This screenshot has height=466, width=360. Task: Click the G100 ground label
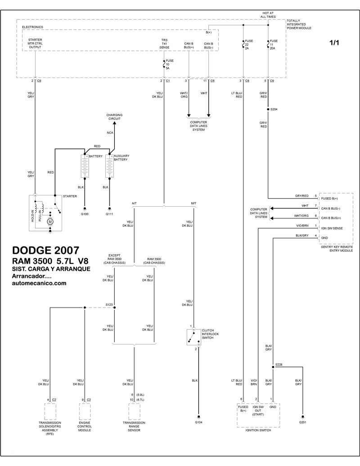coord(85,214)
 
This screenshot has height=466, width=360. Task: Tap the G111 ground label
coord(109,214)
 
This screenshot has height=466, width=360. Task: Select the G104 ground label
coord(198,422)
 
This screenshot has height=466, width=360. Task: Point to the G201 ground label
coord(303,422)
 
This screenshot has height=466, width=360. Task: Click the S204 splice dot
coord(268,109)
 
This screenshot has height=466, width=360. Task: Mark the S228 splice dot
coord(273,367)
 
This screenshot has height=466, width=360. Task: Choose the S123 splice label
coord(109,305)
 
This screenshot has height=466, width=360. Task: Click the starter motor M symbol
coord(50,222)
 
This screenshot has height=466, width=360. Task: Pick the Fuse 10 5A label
coord(169,64)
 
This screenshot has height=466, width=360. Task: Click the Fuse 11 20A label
coord(273,45)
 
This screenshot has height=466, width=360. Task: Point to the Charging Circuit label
coord(114,117)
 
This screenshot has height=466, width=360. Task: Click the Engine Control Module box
coord(85,412)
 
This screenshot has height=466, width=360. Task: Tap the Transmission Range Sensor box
coord(134,412)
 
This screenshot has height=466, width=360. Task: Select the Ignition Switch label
coord(258,430)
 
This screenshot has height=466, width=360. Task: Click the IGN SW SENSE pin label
coord(332,228)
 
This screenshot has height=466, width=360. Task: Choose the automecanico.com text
coord(39,283)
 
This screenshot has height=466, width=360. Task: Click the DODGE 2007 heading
coord(46,250)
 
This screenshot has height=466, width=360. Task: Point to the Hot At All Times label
coord(268,15)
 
